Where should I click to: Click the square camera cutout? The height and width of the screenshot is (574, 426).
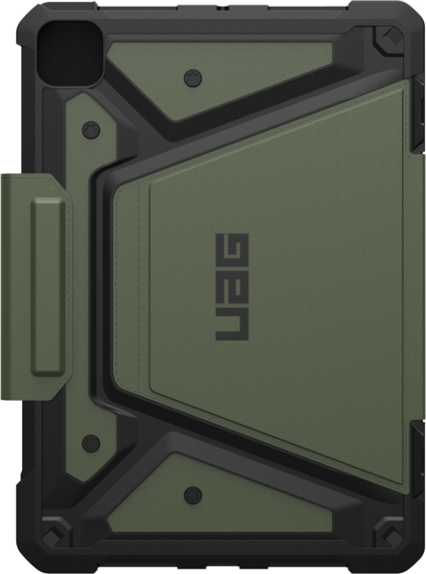[66, 54]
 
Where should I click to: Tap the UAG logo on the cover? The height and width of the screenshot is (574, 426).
[233, 287]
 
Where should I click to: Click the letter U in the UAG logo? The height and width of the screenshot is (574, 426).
[233, 326]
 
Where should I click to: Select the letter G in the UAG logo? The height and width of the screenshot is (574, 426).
[233, 249]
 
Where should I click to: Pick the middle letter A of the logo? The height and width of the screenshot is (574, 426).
[233, 287]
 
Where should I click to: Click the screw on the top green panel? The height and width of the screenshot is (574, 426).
[193, 77]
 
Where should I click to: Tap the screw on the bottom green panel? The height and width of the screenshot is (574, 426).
[193, 496]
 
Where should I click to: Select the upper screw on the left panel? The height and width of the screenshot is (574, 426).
[91, 130]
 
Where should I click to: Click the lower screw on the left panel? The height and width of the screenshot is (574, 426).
[91, 443]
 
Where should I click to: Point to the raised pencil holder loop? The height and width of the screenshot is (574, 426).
[49, 287]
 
